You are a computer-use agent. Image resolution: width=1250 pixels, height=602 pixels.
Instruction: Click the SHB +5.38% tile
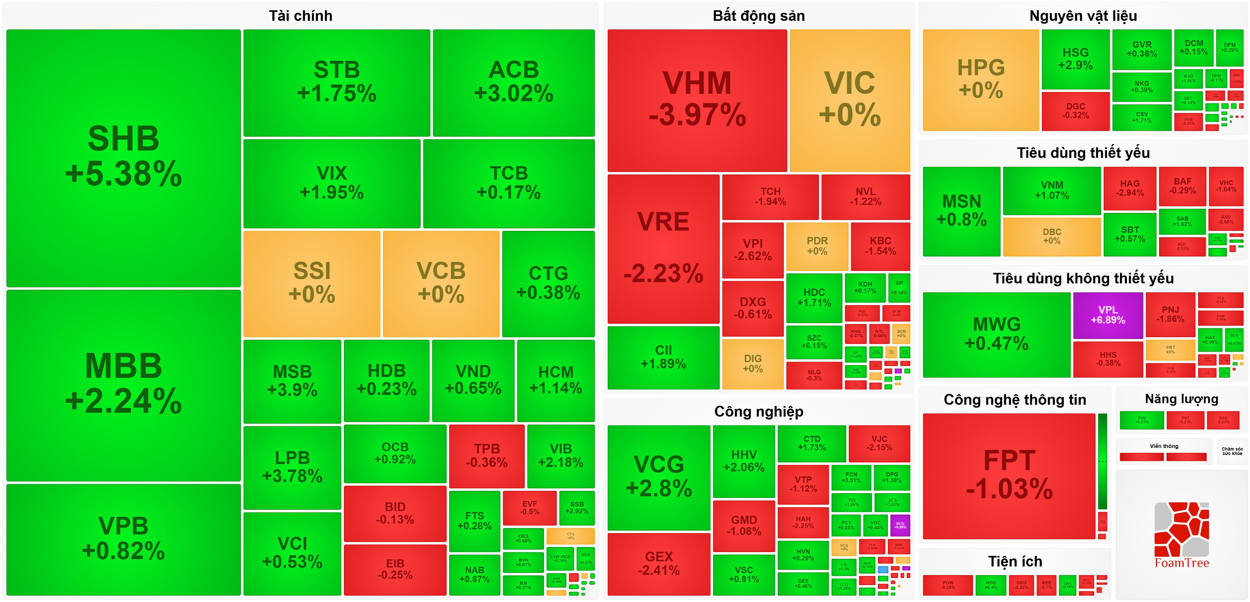click(x=123, y=158)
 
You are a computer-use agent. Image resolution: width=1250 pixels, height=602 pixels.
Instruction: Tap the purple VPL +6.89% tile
click(x=1108, y=315)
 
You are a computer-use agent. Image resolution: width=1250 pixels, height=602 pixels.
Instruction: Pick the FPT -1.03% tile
click(x=1009, y=476)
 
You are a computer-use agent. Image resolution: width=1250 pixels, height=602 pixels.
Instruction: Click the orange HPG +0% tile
click(x=981, y=80)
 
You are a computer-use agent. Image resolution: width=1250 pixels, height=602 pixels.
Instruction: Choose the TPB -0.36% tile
click(x=487, y=455)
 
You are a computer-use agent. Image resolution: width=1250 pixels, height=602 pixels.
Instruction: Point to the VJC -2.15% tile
click(x=879, y=443)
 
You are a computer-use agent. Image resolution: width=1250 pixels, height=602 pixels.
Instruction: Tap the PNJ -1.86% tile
click(x=1170, y=314)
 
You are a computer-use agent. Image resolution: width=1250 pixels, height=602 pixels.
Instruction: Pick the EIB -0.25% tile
click(x=395, y=569)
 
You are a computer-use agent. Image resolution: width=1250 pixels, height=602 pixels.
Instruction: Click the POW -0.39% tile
click(x=948, y=585)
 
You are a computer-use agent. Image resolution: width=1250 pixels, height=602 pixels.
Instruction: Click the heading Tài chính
click(x=300, y=16)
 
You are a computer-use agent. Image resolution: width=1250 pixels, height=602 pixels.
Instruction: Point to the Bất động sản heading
click(x=759, y=16)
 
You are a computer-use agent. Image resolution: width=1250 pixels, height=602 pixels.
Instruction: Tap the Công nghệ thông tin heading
click(x=1015, y=400)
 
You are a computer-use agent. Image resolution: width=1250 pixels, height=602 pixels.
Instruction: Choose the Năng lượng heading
click(x=1181, y=399)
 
